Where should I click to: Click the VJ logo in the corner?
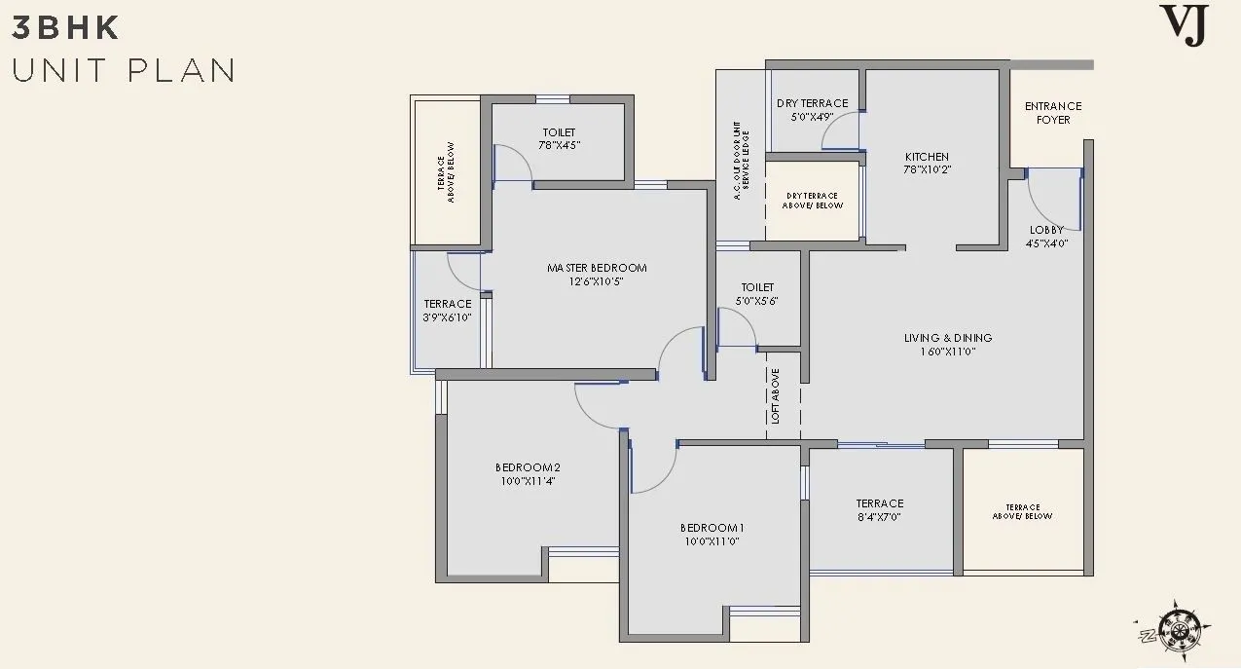(1185, 24)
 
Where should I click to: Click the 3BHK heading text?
(65, 28)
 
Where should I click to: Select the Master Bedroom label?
(597, 268)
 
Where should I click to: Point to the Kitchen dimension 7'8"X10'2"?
(927, 169)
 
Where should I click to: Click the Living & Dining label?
(948, 338)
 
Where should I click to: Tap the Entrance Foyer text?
(1053, 113)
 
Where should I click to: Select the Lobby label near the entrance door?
(1047, 231)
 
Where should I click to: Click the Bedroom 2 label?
(528, 467)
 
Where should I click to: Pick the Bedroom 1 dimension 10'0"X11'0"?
(712, 541)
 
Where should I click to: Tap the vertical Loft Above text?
(775, 396)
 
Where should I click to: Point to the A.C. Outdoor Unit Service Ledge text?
(742, 160)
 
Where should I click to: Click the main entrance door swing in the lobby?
(1050, 195)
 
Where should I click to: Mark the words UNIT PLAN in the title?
(124, 71)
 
